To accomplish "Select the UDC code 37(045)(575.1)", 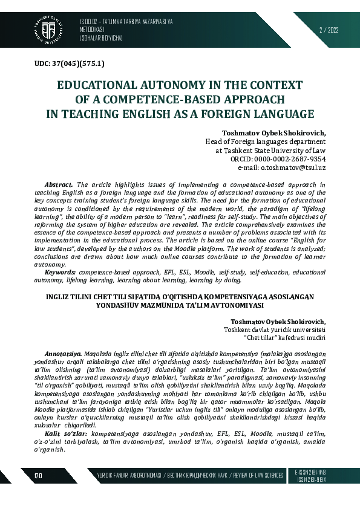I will [70, 63].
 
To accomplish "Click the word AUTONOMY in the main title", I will [172, 84].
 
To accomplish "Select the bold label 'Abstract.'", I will [59, 184].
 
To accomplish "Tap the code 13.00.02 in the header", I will [91, 22].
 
